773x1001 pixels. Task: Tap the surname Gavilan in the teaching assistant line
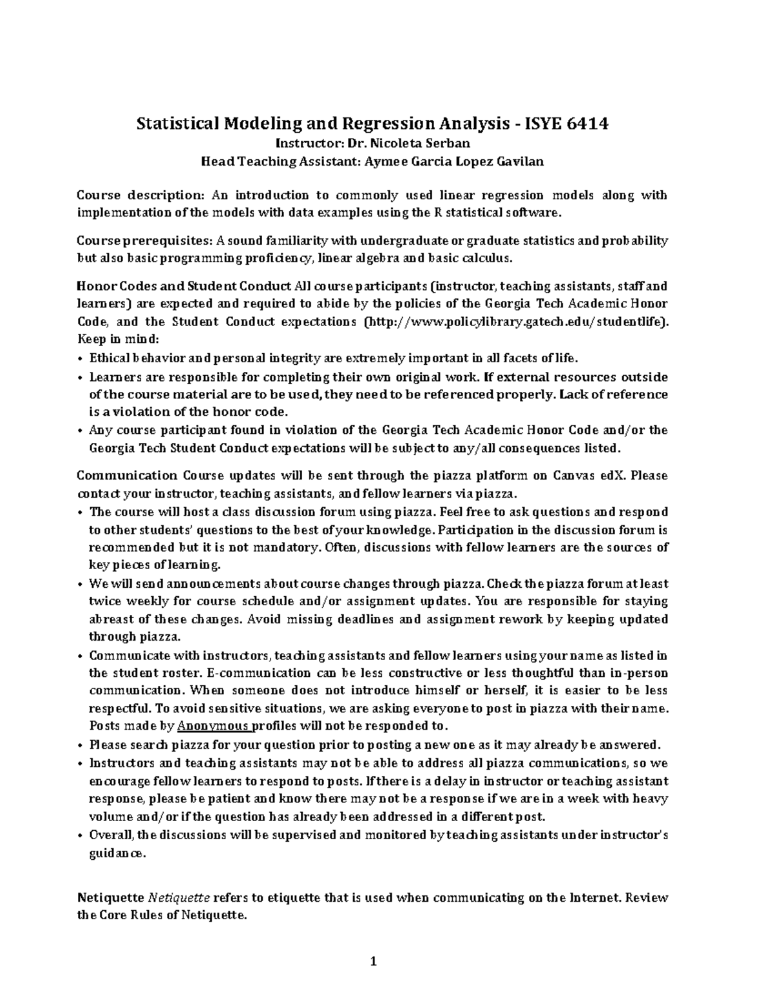pos(520,162)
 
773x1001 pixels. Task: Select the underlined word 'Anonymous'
pos(213,726)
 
